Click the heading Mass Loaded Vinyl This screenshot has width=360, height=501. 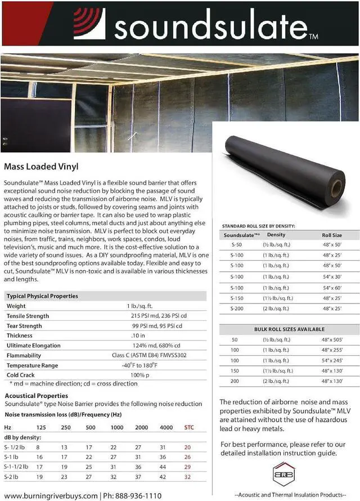(x=40, y=167)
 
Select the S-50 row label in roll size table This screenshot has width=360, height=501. (x=236, y=245)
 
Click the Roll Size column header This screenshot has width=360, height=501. (x=331, y=235)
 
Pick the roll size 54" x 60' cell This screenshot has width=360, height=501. (x=332, y=287)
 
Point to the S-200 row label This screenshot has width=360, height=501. (x=237, y=308)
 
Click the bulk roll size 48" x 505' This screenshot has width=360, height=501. (x=332, y=339)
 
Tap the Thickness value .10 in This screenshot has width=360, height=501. (x=138, y=336)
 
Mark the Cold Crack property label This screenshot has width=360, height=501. (x=21, y=374)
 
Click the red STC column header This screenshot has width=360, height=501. (x=189, y=427)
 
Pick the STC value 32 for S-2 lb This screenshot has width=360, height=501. (x=188, y=476)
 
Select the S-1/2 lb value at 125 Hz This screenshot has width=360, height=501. (x=38, y=447)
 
